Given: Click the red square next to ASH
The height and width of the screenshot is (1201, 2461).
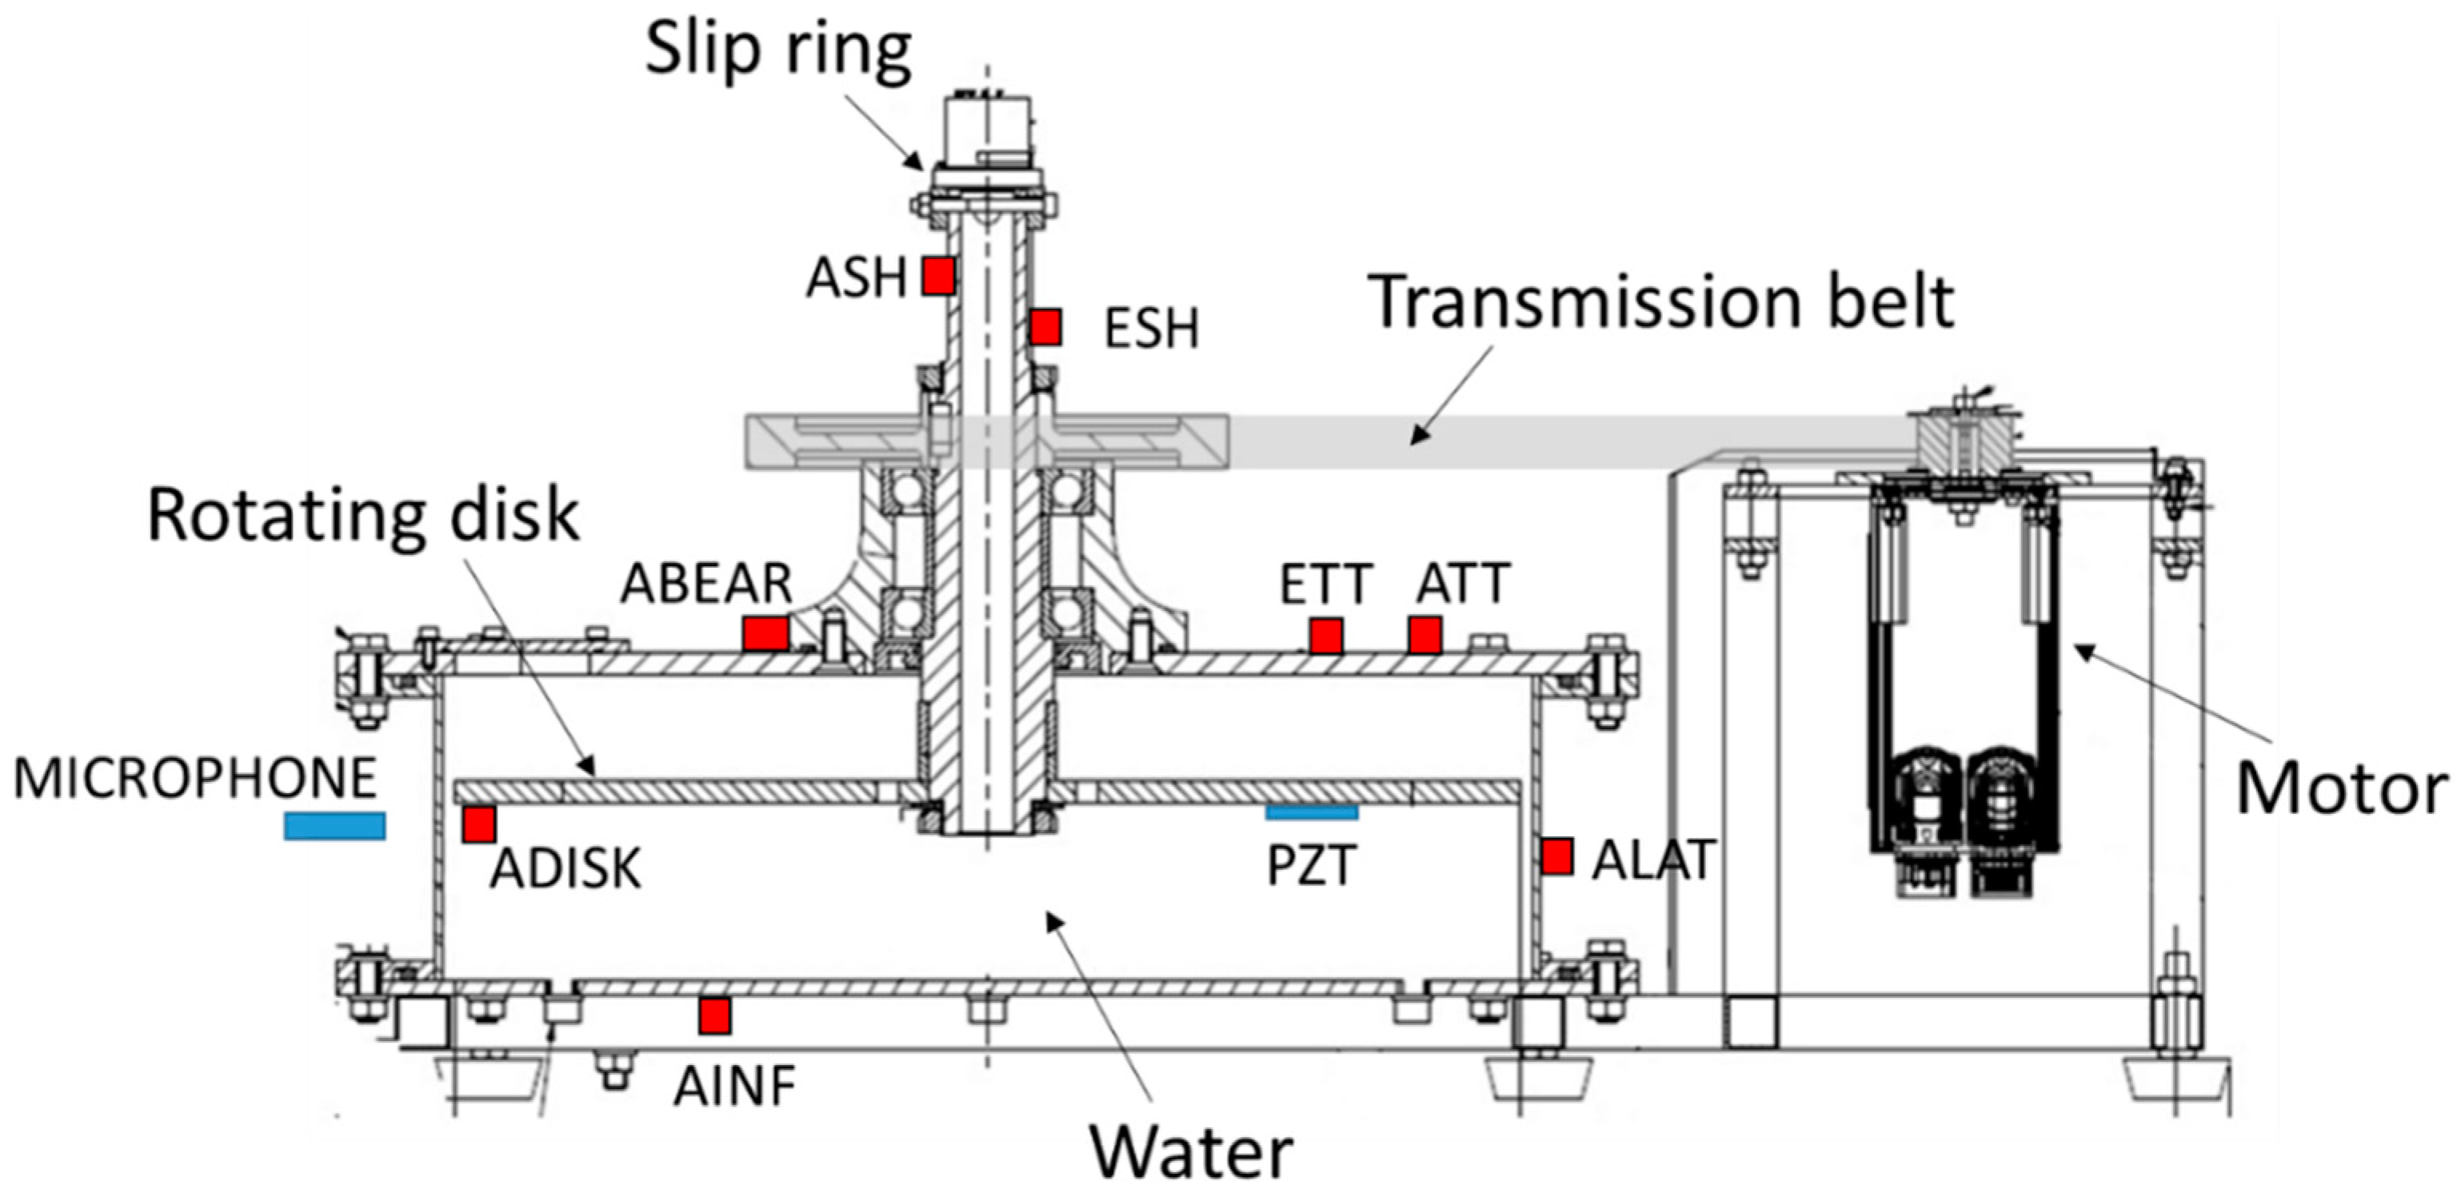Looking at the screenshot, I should [938, 276].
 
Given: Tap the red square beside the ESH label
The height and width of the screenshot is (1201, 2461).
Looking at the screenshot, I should [1045, 327].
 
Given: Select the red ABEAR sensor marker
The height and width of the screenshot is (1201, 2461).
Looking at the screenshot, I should [765, 633].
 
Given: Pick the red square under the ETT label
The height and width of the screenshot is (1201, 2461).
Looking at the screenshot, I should [1325, 636].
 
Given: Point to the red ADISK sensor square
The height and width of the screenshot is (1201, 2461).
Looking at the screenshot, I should [478, 824].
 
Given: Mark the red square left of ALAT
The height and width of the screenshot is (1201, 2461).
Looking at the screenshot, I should [1556, 856].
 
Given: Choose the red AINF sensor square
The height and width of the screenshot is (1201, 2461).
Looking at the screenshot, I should [713, 1015].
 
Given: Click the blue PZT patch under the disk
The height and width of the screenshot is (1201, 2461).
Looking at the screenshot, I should [1312, 813].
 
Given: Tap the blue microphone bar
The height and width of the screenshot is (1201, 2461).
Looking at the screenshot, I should [334, 825].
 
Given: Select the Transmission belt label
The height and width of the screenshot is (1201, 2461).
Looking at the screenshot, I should [1661, 302].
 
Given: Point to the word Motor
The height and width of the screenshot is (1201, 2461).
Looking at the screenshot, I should [2342, 789].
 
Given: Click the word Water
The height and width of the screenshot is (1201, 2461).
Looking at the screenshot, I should [1192, 1153].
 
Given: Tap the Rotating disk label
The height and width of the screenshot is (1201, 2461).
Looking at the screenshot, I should [363, 516].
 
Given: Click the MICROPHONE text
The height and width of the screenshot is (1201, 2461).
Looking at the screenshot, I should [195, 778].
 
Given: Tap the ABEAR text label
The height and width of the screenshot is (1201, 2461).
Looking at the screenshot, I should [706, 584].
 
